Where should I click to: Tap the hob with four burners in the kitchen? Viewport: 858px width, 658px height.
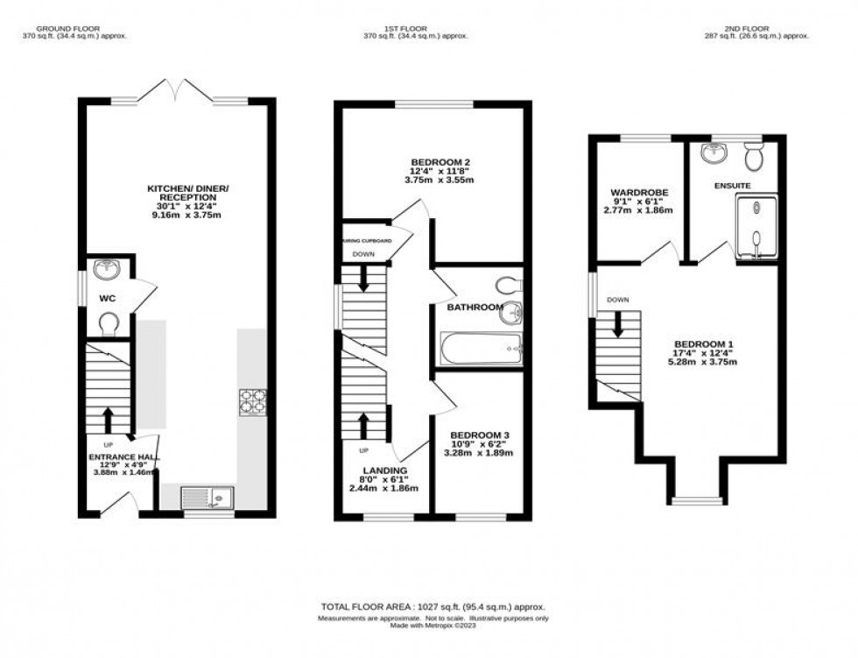252,401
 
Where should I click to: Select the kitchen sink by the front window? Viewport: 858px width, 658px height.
207,499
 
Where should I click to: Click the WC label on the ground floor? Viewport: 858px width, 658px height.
108,299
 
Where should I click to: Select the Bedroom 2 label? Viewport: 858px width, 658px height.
441,162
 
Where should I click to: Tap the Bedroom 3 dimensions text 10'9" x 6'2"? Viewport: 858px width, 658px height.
480,444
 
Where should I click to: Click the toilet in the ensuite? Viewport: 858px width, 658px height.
753,159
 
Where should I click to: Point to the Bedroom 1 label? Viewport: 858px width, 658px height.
704,343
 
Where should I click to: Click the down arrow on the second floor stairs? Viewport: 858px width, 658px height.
618,324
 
